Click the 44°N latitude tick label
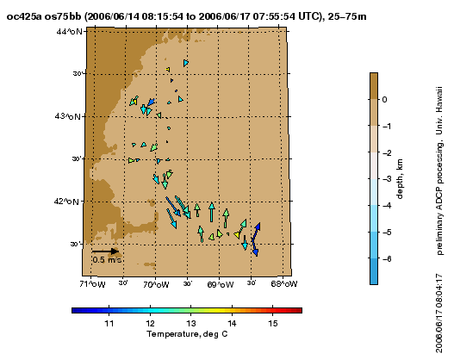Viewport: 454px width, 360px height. pyautogui.click(x=69, y=31)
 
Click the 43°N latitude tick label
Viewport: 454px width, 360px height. pyautogui.click(x=67, y=116)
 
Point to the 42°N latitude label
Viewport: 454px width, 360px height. pyautogui.click(x=66, y=202)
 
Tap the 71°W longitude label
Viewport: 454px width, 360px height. pyautogui.click(x=92, y=284)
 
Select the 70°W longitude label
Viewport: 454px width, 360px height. pyautogui.click(x=156, y=284)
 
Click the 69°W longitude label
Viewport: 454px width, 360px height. pyautogui.click(x=221, y=284)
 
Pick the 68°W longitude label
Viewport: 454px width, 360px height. pyautogui.click(x=284, y=284)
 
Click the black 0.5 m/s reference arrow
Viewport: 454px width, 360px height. pyautogui.click(x=105, y=251)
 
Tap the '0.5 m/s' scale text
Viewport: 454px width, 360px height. pyautogui.click(x=107, y=259)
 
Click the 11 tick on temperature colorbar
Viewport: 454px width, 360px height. pyautogui.click(x=109, y=323)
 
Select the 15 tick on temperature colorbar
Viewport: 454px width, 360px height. pyautogui.click(x=273, y=323)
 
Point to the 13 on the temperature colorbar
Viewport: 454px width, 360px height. pyautogui.click(x=190, y=323)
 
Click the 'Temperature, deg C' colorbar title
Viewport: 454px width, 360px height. pyautogui.click(x=187, y=334)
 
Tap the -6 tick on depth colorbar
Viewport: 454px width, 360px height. pyautogui.click(x=387, y=258)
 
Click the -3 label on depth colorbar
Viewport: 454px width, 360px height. pyautogui.click(x=387, y=179)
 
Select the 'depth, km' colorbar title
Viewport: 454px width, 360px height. pyautogui.click(x=399, y=179)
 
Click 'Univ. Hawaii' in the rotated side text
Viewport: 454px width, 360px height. pyautogui.click(x=439, y=110)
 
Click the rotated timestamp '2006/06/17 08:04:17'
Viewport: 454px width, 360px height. pyautogui.click(x=439, y=313)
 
